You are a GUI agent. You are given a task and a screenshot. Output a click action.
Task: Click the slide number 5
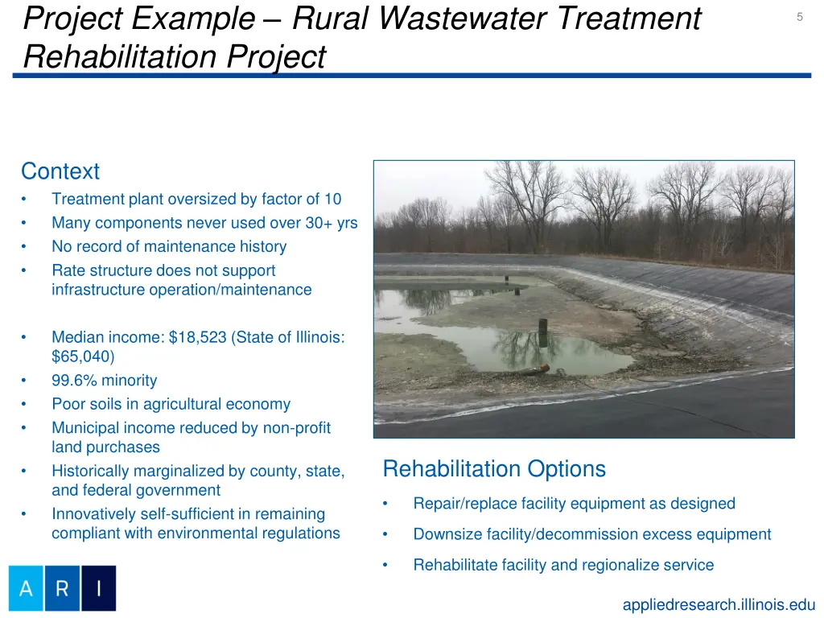799,17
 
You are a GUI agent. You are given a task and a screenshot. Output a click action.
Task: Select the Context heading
60,171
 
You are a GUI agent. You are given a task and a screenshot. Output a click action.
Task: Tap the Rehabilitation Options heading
494,468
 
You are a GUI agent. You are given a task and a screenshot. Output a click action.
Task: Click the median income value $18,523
197,337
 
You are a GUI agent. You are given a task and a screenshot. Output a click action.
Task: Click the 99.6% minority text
105,381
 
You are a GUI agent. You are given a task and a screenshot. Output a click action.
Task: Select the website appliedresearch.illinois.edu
719,605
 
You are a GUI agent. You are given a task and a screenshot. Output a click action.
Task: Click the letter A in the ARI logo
26,588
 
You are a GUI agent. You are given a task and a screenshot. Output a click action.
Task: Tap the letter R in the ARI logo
62,588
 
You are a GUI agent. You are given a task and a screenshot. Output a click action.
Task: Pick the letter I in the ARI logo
98,588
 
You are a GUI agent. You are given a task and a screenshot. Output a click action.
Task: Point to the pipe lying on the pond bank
531,370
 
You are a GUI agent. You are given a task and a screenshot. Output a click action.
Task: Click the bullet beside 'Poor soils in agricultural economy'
26,405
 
